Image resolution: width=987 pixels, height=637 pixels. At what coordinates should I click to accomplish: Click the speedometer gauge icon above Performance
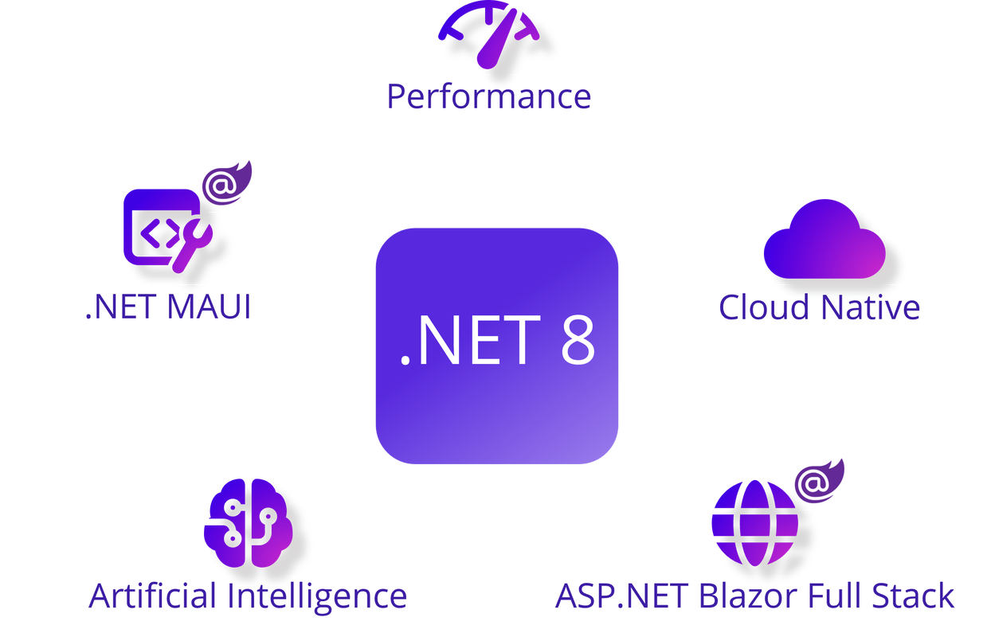click(489, 35)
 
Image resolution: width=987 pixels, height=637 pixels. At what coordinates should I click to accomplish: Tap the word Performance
click(489, 97)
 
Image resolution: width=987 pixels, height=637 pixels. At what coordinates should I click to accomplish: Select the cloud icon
click(824, 239)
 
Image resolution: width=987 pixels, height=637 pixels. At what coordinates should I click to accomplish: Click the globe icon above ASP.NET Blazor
click(755, 523)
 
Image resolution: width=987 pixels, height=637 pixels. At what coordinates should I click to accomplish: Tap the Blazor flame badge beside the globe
click(820, 481)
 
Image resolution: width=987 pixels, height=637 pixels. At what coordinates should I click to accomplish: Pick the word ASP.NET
click(621, 596)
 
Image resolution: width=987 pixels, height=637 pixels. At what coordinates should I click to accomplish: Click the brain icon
click(248, 523)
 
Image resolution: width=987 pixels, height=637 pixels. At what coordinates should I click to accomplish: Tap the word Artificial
click(152, 596)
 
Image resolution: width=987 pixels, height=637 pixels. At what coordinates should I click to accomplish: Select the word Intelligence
click(317, 598)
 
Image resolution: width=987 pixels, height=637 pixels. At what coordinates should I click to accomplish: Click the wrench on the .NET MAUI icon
click(192, 245)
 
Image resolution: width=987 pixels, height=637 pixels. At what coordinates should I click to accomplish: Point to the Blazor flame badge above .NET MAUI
click(227, 183)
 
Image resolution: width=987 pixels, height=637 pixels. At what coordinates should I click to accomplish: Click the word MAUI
click(209, 307)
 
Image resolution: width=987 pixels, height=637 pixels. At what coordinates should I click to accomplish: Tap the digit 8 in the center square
click(578, 340)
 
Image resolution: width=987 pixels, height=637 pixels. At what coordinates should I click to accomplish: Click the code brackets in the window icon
click(159, 233)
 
